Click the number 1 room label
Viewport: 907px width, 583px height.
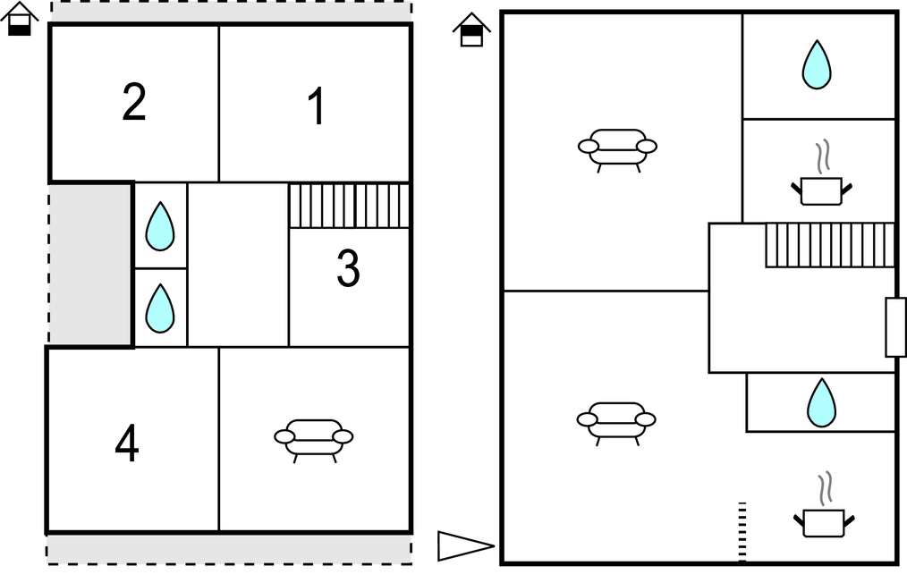pyautogui.click(x=317, y=106)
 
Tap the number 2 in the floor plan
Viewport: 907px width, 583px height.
pyautogui.click(x=133, y=102)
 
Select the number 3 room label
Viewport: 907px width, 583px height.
pyautogui.click(x=348, y=267)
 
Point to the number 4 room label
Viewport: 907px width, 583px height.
pyautogui.click(x=127, y=443)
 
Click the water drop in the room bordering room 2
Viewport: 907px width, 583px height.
pyautogui.click(x=159, y=226)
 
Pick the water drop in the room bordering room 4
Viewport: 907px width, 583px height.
pyautogui.click(x=159, y=308)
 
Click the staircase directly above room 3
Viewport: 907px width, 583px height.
pyautogui.click(x=349, y=206)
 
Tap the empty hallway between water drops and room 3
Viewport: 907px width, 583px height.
pyautogui.click(x=238, y=265)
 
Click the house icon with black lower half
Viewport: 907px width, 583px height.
pyautogui.click(x=19, y=19)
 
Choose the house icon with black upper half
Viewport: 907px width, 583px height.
pyautogui.click(x=471, y=30)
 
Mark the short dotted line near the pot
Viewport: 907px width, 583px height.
pyautogui.click(x=742, y=531)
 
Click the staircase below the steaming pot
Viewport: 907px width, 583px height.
pyautogui.click(x=830, y=245)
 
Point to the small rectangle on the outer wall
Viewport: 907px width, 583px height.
pyautogui.click(x=895, y=327)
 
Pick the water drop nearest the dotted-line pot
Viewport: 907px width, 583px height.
pyautogui.click(x=821, y=402)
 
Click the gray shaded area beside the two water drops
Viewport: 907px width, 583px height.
pyautogui.click(x=90, y=265)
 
